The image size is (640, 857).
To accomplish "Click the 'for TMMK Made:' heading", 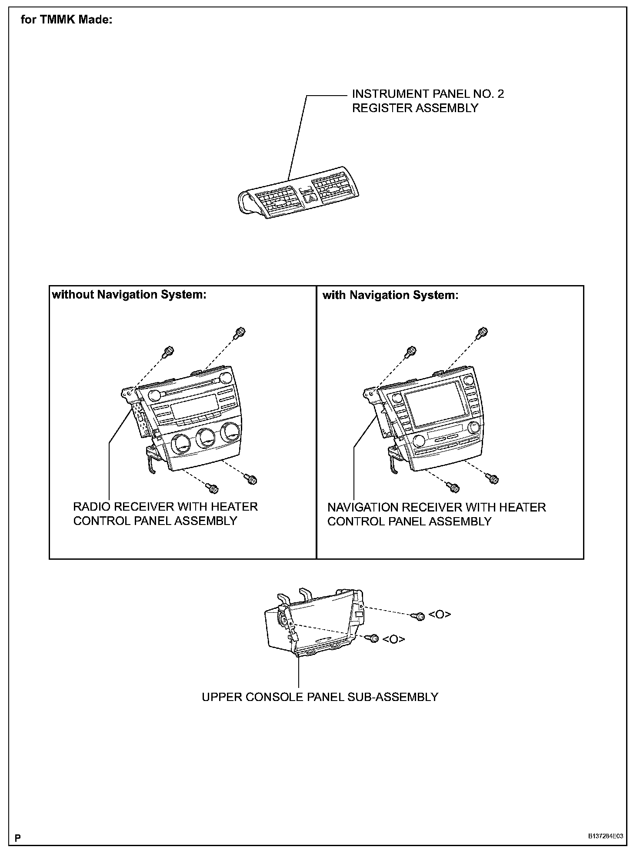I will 67,20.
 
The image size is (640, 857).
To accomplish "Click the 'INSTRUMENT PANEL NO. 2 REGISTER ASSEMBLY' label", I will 428,101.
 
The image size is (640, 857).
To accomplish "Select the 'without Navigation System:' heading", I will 129,295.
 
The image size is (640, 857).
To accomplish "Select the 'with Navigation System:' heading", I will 390,296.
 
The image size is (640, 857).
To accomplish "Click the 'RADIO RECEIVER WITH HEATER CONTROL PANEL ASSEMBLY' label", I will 165,514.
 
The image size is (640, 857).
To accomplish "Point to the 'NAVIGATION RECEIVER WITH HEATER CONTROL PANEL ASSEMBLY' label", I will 436,514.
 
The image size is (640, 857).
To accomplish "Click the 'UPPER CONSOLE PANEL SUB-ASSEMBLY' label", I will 320,697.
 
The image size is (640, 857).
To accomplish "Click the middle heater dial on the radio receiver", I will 205,439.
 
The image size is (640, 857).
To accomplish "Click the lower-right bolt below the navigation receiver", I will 493,479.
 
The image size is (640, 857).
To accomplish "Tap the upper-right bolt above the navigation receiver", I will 482,333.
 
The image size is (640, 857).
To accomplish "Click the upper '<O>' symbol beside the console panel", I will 440,615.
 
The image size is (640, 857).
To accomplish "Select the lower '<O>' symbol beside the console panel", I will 393,639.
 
